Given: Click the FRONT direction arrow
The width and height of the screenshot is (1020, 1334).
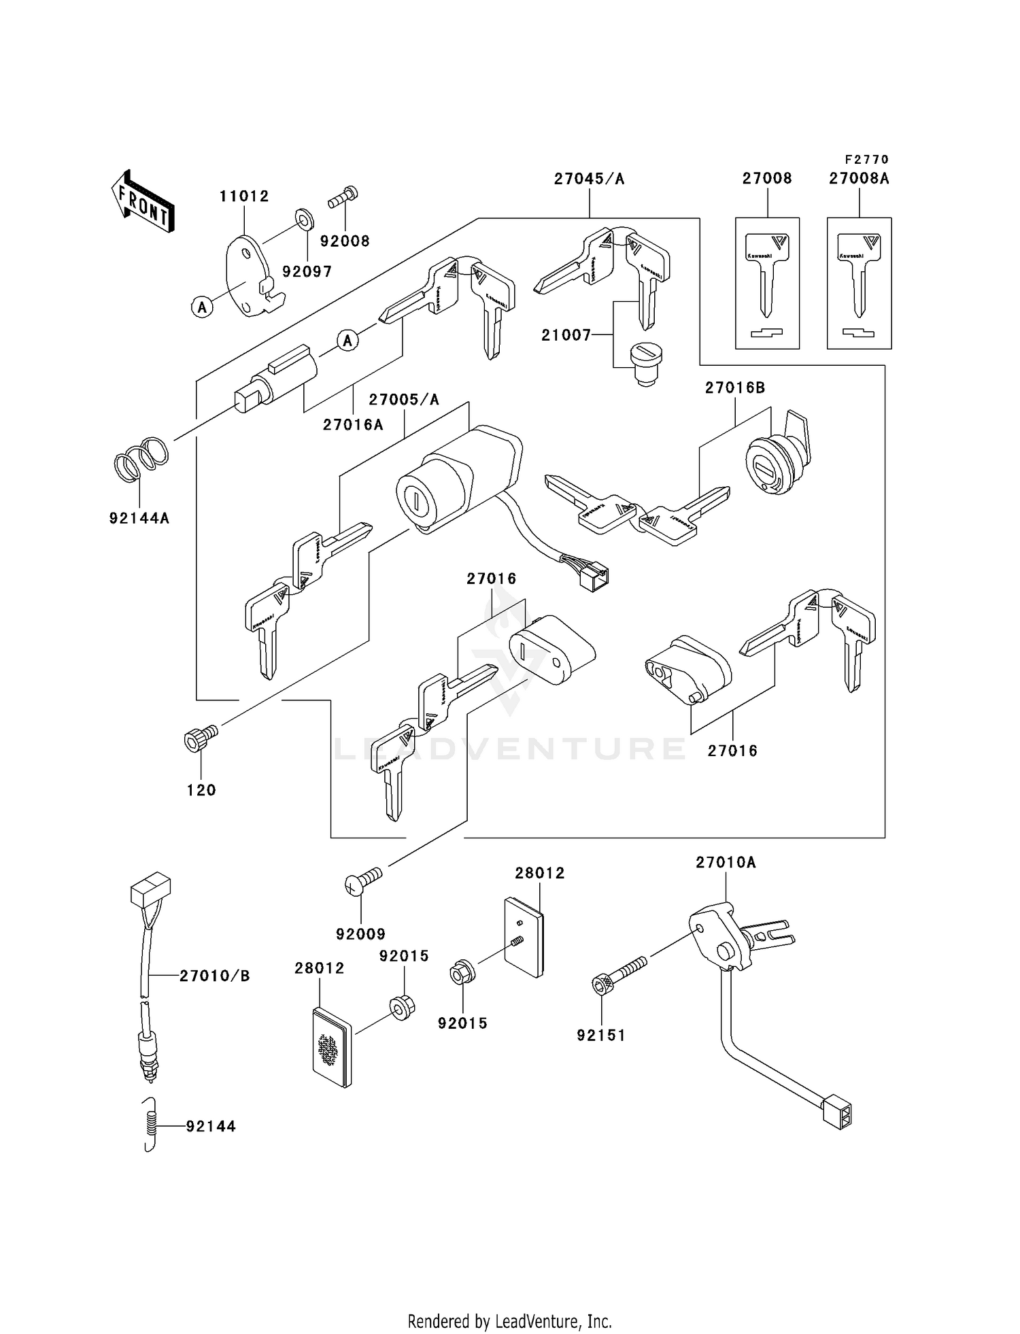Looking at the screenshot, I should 143,202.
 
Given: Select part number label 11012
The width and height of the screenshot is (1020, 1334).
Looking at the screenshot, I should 244,196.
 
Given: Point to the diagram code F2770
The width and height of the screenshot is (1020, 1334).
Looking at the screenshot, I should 866,160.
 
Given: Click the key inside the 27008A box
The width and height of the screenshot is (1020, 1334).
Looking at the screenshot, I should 859,272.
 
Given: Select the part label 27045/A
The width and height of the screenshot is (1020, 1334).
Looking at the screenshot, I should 589,179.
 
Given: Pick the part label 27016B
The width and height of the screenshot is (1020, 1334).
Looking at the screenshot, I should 735,388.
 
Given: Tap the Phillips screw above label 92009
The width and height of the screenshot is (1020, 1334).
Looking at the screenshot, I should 363,881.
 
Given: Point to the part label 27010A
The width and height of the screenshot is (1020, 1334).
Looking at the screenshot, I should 726,863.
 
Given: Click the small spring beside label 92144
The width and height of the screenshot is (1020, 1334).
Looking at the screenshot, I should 151,1125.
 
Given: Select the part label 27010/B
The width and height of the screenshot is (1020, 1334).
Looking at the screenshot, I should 215,976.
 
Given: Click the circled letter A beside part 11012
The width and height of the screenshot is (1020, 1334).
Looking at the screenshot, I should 202,307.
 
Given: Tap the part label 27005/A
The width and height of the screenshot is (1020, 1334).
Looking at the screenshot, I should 404,400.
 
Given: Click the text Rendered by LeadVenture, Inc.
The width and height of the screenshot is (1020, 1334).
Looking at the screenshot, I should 509,1321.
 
